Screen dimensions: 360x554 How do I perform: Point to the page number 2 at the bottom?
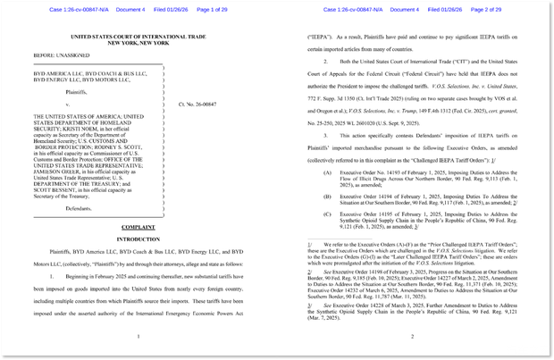[413, 336]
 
